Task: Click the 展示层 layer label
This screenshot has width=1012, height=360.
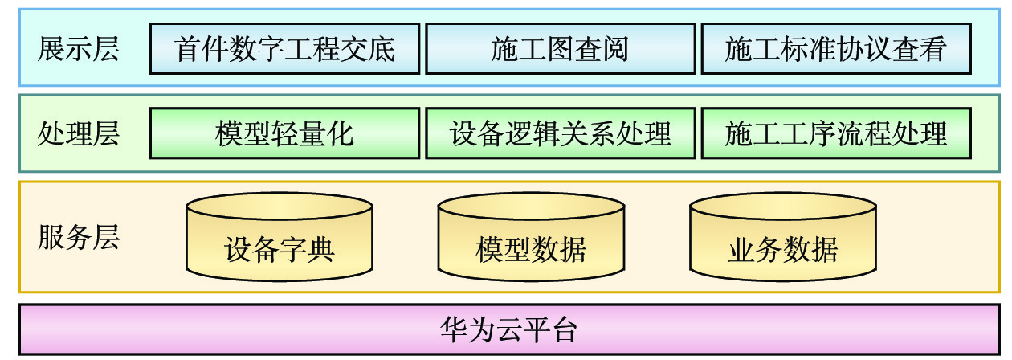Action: [78, 49]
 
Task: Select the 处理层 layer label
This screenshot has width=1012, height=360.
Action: [78, 133]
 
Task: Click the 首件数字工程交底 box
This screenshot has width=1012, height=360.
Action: [284, 49]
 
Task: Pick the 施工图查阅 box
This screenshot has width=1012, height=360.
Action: [560, 49]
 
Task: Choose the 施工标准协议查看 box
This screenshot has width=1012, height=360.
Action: [836, 49]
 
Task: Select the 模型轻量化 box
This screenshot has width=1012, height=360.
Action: [284, 133]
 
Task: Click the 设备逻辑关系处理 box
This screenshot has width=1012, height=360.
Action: [560, 133]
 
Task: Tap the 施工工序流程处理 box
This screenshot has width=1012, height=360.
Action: [836, 133]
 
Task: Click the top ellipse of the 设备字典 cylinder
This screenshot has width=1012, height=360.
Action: [280, 207]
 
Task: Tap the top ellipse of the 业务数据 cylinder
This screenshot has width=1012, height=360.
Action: [783, 207]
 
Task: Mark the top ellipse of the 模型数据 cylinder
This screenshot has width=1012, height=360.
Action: [531, 207]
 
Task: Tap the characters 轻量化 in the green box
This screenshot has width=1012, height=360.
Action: [312, 133]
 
